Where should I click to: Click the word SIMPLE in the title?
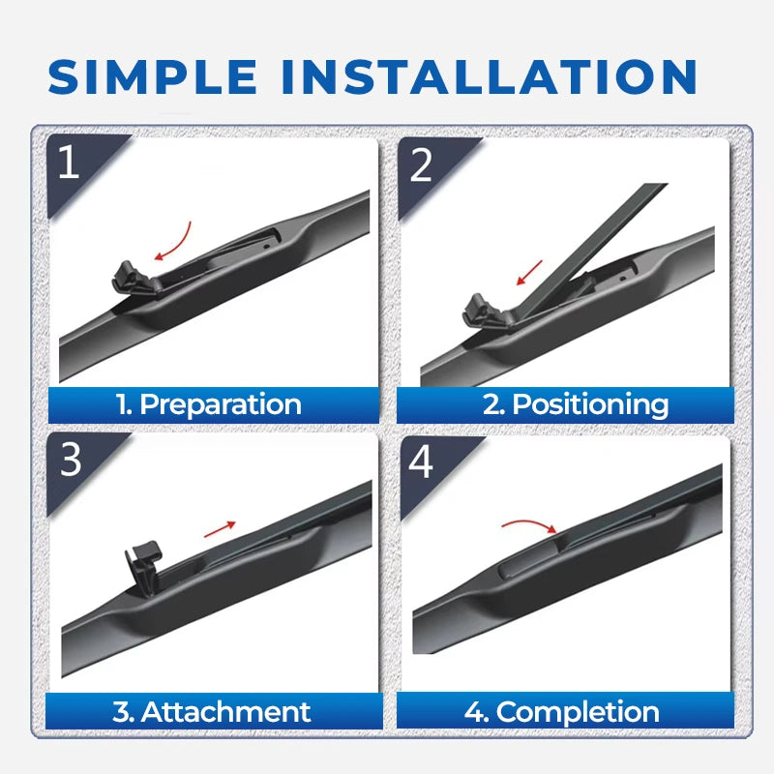tap(153, 76)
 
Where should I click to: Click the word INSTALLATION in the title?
tap(489, 76)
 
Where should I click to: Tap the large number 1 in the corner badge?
tap(69, 162)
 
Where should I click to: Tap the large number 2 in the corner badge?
tap(421, 165)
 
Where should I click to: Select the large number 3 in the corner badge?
tap(71, 459)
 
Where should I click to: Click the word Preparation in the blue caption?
tap(221, 405)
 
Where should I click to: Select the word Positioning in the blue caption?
tap(590, 405)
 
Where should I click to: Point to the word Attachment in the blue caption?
tap(225, 712)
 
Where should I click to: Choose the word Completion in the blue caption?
tap(578, 713)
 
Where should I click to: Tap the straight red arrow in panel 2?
tap(529, 273)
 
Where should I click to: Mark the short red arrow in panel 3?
tap(220, 529)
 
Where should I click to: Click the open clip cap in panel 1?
tap(134, 281)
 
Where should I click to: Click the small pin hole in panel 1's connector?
tap(266, 246)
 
